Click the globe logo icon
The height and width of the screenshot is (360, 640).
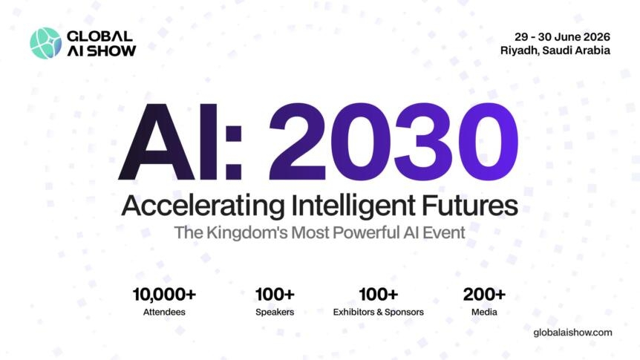(45, 43)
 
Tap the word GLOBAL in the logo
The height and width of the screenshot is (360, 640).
(99, 36)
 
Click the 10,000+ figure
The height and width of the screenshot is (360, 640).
(164, 294)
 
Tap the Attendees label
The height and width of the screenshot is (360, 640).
(164, 312)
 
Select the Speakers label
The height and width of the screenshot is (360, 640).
(275, 312)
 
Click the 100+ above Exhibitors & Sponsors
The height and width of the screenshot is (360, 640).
(379, 294)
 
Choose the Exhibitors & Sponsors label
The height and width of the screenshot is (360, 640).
(379, 312)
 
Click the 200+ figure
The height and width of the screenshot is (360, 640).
(484, 294)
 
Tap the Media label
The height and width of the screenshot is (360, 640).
(484, 312)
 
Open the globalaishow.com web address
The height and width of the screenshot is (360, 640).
(572, 332)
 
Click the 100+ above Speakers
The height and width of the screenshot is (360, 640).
(275, 294)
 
